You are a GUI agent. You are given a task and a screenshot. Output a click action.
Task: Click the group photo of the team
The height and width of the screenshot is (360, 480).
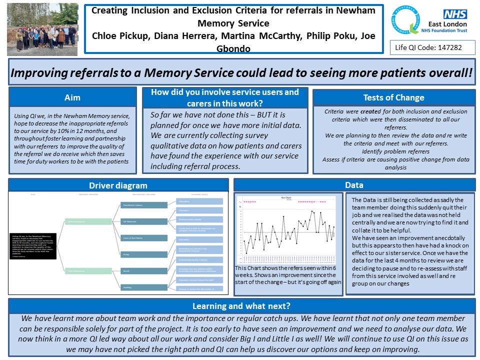42,28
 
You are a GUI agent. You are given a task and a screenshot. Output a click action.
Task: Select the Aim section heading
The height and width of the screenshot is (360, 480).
72,97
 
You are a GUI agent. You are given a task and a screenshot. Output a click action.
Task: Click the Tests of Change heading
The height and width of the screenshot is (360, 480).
393,97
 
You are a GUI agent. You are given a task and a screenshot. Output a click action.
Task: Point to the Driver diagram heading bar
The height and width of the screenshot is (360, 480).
118,185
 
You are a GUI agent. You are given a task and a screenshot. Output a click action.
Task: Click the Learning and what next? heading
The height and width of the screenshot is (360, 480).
241,306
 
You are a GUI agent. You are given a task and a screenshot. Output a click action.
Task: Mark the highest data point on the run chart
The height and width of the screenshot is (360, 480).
312,211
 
